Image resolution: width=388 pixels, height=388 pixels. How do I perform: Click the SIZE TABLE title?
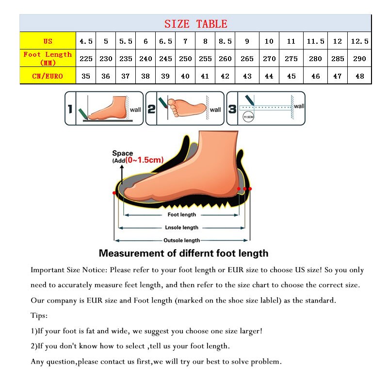pyautogui.click(x=195, y=24)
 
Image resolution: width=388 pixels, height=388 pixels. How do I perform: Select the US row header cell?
pyautogui.click(x=48, y=41)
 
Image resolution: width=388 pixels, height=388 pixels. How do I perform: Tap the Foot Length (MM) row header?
pyautogui.click(x=48, y=58)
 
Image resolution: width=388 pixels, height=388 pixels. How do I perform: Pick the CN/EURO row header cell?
pyautogui.click(x=48, y=76)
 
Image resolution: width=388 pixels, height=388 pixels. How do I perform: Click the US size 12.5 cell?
pyautogui.click(x=359, y=41)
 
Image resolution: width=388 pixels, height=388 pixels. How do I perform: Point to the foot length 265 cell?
pyautogui.click(x=247, y=59)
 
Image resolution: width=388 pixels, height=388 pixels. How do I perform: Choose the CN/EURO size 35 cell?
pyautogui.click(x=86, y=76)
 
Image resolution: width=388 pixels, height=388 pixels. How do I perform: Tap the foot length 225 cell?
pyautogui.click(x=86, y=59)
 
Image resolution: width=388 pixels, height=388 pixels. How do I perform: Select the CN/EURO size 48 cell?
pyautogui.click(x=359, y=76)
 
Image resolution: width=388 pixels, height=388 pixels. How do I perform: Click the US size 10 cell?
pyautogui.click(x=269, y=41)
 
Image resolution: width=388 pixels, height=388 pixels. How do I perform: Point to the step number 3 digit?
pyautogui.click(x=232, y=109)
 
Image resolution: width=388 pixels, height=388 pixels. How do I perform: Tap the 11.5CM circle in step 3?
pyautogui.click(x=248, y=117)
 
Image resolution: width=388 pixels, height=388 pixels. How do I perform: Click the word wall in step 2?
pyautogui.click(x=215, y=110)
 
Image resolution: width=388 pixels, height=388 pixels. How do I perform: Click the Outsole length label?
pyautogui.click(x=181, y=240)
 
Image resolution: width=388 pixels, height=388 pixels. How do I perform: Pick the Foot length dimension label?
pyautogui.click(x=182, y=214)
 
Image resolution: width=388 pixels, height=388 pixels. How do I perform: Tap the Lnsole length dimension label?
pyautogui.click(x=182, y=227)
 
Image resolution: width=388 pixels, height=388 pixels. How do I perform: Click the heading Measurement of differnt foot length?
pyautogui.click(x=183, y=253)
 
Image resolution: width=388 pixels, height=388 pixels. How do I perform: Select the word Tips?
pyautogui.click(x=39, y=316)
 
